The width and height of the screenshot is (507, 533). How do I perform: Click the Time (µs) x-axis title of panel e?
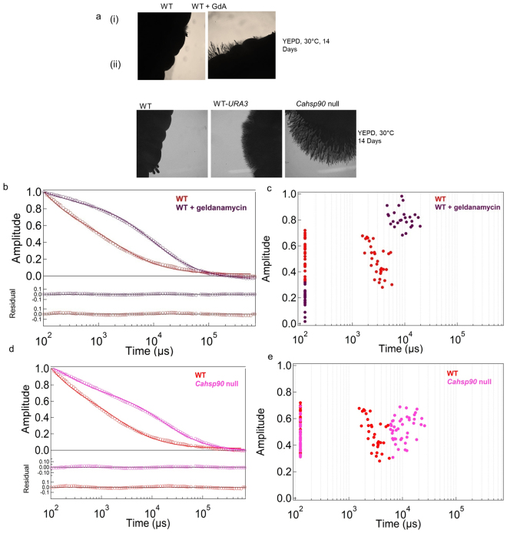click(x=399, y=520)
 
